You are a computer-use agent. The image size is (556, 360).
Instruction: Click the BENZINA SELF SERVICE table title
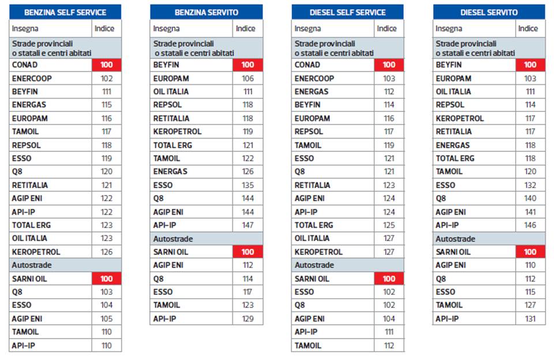coord(66,12)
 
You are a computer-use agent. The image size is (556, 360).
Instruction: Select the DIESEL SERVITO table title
coord(489,12)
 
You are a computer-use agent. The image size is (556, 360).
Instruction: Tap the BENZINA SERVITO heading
coord(206,12)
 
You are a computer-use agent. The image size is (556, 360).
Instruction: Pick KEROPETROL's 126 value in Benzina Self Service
coord(107,252)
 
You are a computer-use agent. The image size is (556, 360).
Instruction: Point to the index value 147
coord(248,225)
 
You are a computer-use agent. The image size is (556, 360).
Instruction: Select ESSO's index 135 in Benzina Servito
coord(248,185)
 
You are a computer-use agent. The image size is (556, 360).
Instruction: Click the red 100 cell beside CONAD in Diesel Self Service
coord(389,65)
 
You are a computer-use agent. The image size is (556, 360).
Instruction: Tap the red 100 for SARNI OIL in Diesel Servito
coord(530,252)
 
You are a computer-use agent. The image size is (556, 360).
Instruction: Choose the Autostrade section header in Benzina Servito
coord(173,238)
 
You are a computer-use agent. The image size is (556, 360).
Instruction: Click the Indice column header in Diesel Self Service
coord(387,28)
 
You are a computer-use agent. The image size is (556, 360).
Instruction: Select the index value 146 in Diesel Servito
coord(530,225)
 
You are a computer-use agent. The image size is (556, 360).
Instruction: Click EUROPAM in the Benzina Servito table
coord(171,78)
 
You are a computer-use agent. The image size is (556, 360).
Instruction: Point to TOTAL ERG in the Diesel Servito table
coord(455,159)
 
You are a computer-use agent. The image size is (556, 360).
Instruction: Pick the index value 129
coord(248,318)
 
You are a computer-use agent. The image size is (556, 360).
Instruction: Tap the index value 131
coord(530,318)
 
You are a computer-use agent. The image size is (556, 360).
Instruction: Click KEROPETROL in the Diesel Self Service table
coord(318,252)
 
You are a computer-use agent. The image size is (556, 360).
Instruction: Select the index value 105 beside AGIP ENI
coord(107,318)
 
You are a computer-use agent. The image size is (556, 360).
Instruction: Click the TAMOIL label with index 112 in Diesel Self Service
coord(308,345)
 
